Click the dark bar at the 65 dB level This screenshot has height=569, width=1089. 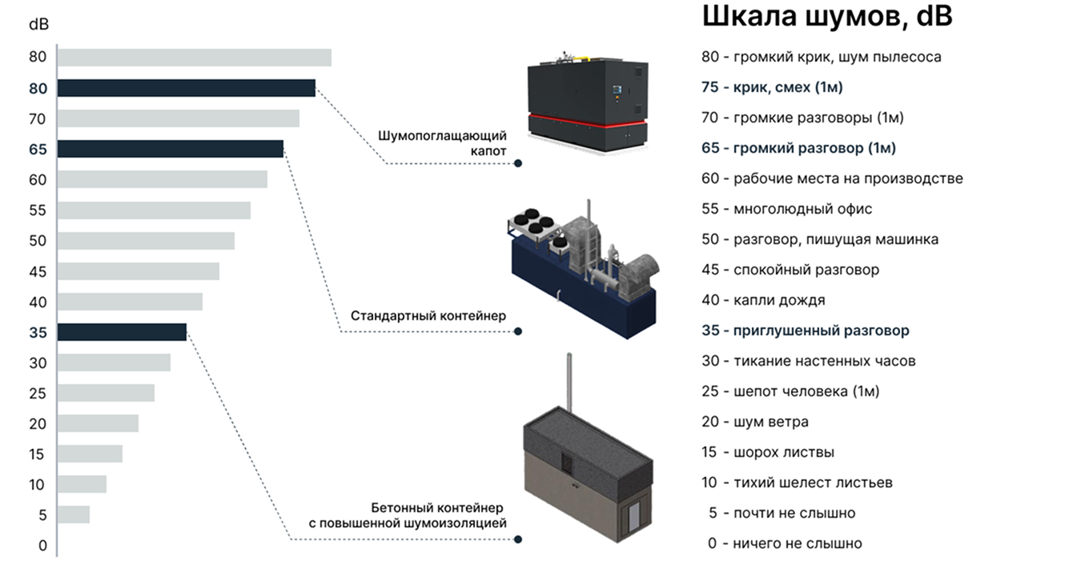(170, 149)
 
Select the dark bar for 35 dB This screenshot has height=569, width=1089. (122, 331)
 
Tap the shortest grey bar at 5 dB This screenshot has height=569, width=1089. (74, 514)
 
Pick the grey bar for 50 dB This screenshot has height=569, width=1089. (146, 241)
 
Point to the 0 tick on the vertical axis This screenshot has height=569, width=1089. (42, 546)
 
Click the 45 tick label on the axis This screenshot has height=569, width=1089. (38, 272)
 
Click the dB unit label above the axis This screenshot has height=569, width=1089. (38, 24)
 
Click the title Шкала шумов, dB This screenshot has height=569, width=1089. (826, 16)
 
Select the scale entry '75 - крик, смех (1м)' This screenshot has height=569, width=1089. (772, 87)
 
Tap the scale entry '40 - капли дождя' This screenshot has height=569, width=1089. (763, 300)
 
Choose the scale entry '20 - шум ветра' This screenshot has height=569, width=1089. (755, 422)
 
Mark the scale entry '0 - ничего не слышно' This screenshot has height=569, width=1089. (785, 543)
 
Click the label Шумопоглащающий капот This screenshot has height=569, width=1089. (442, 142)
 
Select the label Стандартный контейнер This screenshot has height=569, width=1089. (428, 316)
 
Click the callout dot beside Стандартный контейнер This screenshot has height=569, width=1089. (518, 331)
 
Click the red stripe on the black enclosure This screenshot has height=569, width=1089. (589, 121)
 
